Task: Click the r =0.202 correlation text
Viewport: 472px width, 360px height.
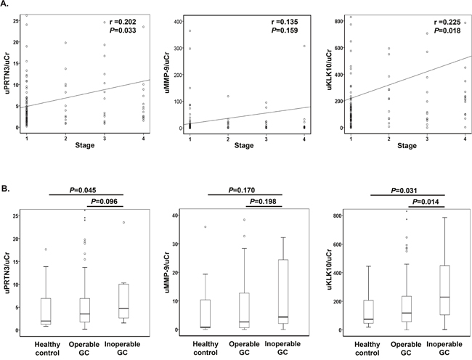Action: click(x=123, y=22)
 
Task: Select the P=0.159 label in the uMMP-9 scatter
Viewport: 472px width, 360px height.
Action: click(x=285, y=30)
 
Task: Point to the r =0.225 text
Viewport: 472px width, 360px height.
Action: click(x=447, y=22)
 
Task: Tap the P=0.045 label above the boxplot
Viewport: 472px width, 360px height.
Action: click(x=83, y=190)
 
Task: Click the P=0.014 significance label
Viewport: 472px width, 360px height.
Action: click(x=426, y=202)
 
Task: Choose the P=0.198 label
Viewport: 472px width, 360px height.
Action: click(x=263, y=202)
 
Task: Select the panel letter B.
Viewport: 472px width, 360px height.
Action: click(x=5, y=189)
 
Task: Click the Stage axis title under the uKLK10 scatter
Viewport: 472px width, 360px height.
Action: click(x=407, y=146)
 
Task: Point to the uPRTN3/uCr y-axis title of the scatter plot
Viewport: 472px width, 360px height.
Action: click(x=7, y=72)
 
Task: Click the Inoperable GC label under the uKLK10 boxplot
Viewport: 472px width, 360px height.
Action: click(x=444, y=348)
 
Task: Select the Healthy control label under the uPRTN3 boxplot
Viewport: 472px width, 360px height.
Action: click(x=47, y=348)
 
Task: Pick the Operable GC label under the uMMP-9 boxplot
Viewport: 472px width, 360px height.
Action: click(x=244, y=348)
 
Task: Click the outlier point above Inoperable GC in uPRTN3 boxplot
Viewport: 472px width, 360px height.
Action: click(x=123, y=223)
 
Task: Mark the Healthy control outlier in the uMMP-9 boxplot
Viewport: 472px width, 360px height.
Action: click(x=206, y=226)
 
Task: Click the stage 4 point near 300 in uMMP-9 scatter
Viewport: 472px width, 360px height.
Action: click(x=304, y=46)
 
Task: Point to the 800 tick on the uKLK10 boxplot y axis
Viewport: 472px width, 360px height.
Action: click(x=338, y=216)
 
